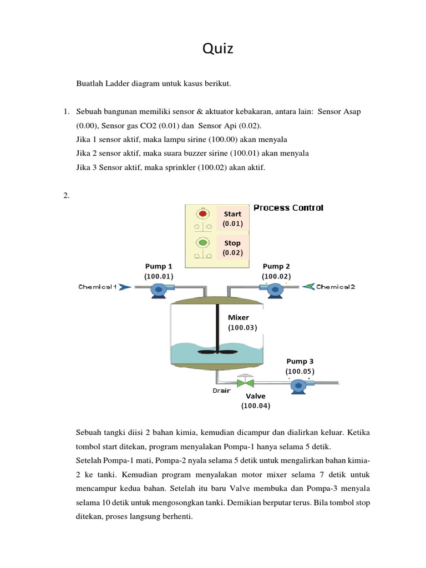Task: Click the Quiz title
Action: point(218,50)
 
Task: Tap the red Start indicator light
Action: point(202,214)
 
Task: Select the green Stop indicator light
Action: point(202,243)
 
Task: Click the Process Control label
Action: point(288,208)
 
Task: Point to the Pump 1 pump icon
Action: point(159,288)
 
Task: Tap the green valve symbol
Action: point(245,383)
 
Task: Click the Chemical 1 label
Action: point(98,287)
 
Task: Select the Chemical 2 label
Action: point(336,287)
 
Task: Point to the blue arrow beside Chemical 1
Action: point(125,287)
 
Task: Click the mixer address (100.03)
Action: point(243,328)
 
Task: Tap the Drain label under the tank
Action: point(221,390)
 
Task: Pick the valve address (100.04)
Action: point(255,406)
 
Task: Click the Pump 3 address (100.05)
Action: point(300,371)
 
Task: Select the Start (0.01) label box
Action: point(232,219)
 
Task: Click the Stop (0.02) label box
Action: point(232,248)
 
